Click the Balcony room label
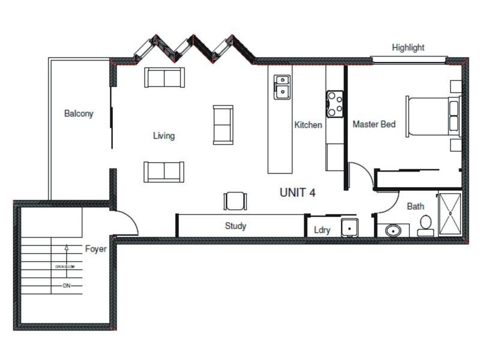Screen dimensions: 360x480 coord(79,113)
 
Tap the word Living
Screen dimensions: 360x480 coord(163,136)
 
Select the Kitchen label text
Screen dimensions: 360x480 coord(308,125)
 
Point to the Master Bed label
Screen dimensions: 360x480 coord(374,125)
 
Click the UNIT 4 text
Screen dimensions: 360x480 coord(298,193)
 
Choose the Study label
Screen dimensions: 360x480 coord(235,226)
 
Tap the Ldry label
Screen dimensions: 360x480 coord(322,230)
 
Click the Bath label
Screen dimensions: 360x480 coord(415,206)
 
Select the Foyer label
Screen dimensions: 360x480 coord(95,248)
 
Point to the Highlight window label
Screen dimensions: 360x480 coord(408,47)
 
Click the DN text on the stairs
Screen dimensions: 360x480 coord(67,286)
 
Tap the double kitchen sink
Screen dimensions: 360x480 coord(281,87)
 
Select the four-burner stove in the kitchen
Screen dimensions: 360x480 coord(335,103)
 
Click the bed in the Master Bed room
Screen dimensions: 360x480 coord(433,116)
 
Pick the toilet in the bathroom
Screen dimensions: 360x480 coord(426,224)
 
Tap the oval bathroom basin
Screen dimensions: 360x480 coord(394,230)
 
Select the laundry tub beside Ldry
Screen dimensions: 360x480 coord(349,227)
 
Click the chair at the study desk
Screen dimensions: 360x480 coord(235,200)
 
